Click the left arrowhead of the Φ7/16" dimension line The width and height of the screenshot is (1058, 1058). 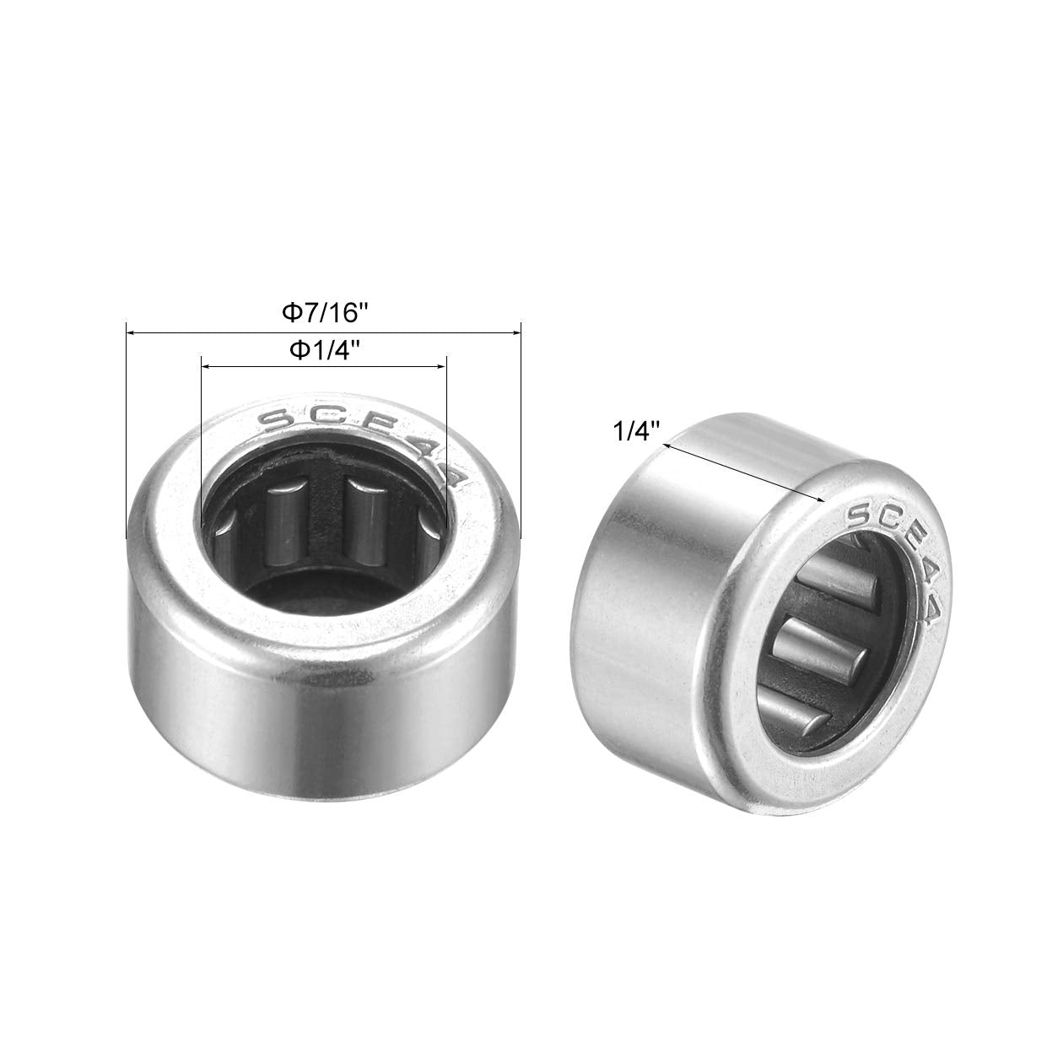[x=130, y=334]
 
